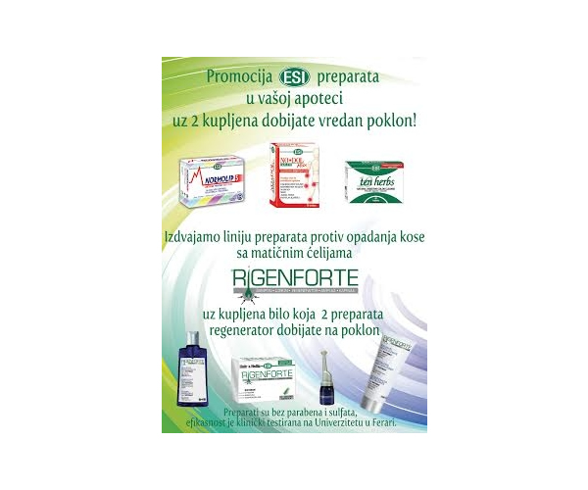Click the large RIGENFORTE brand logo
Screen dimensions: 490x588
tap(293, 284)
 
